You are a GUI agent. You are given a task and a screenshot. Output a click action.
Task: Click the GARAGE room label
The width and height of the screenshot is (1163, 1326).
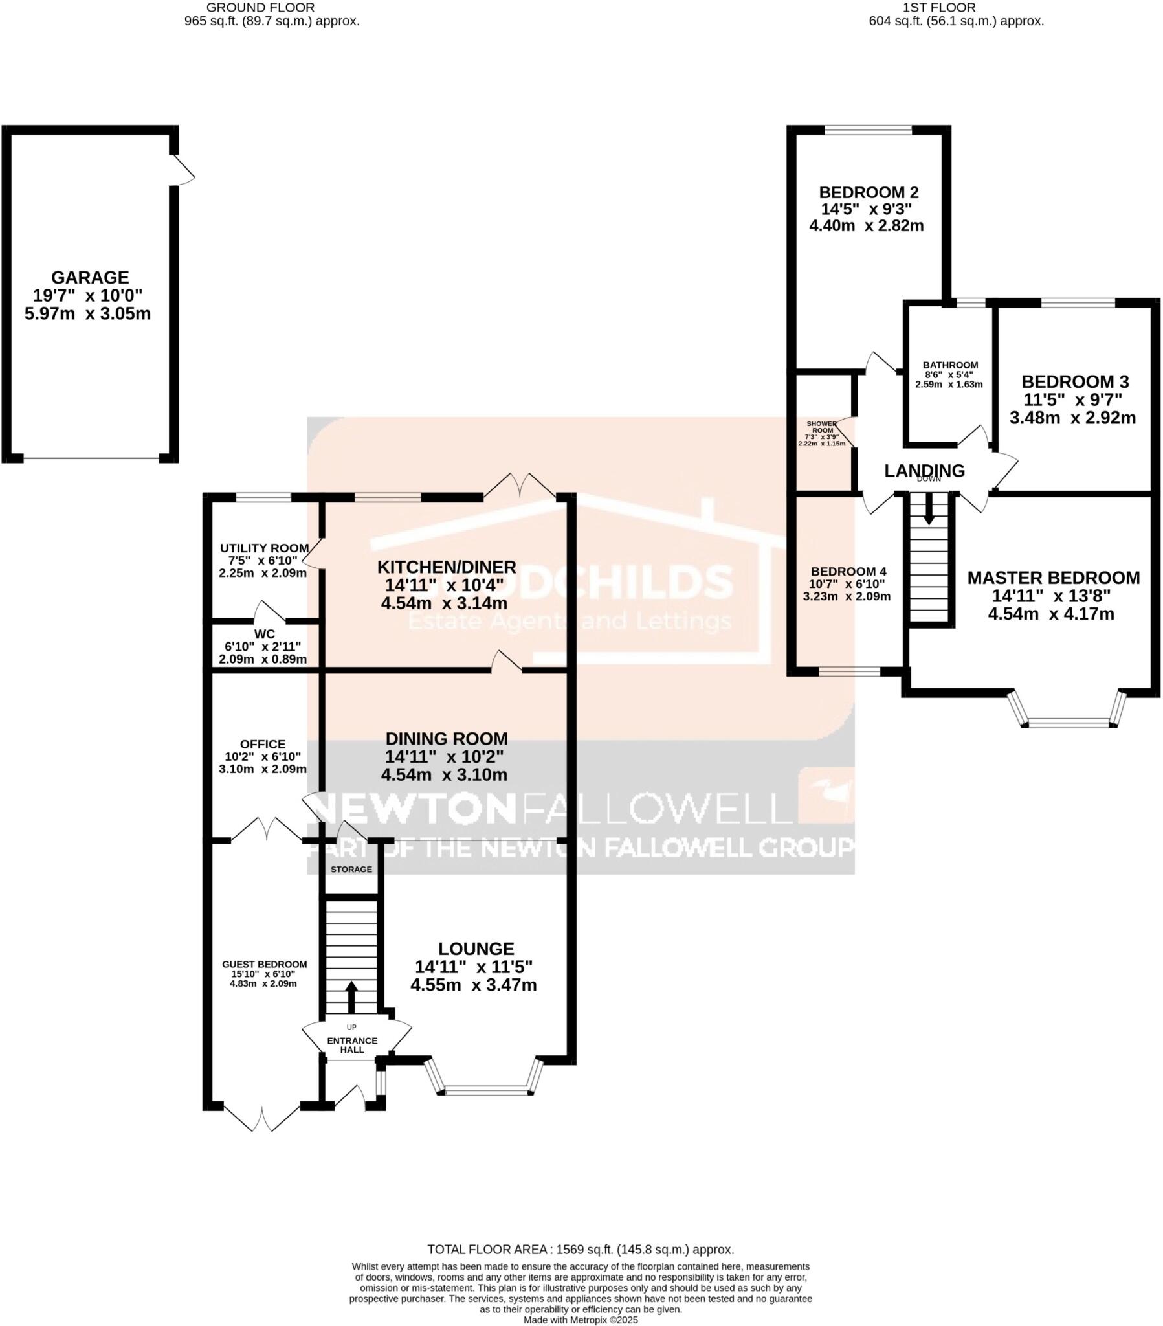pos(89,278)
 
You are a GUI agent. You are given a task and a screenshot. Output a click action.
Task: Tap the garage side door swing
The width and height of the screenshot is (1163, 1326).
pos(184,171)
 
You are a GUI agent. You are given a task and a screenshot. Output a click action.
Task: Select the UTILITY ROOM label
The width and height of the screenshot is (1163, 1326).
pos(263,548)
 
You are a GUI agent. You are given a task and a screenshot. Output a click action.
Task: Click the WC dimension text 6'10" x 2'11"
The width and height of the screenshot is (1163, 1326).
pos(263,647)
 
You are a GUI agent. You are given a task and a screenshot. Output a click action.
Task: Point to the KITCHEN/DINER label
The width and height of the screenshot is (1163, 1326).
pos(447,567)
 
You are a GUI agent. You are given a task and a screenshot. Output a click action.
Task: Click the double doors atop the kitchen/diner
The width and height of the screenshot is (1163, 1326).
pos(520,484)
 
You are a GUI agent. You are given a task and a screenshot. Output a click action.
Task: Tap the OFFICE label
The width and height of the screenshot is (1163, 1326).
pos(262,744)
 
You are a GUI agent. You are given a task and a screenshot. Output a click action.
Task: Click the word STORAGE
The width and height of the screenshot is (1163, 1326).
pos(351,870)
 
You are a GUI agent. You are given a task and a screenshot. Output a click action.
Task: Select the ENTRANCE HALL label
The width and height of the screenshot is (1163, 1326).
pos(351,1045)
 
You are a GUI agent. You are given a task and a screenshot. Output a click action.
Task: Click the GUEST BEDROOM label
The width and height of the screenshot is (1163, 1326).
pos(264,965)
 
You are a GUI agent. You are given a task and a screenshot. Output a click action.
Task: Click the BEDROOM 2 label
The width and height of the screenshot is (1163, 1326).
pos(868,193)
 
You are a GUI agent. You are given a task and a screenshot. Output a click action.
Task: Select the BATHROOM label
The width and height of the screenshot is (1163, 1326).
pos(949,365)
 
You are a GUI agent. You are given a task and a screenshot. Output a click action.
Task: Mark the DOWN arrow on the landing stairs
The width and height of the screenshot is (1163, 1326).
pos(928,510)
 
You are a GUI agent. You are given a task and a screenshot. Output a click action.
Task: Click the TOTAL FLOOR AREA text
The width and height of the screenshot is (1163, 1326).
pos(580,1250)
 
